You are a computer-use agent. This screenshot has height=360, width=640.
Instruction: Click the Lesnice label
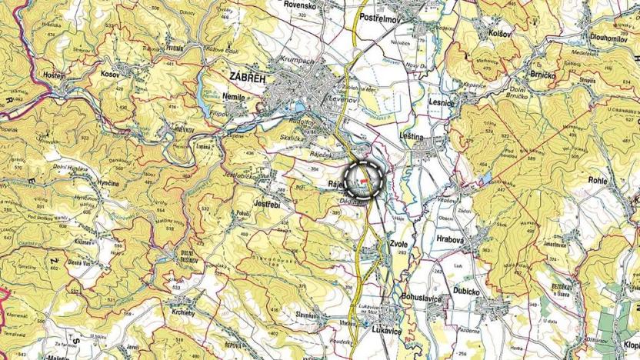coord(443,102)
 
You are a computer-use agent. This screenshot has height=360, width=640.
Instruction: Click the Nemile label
coord(233,98)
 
